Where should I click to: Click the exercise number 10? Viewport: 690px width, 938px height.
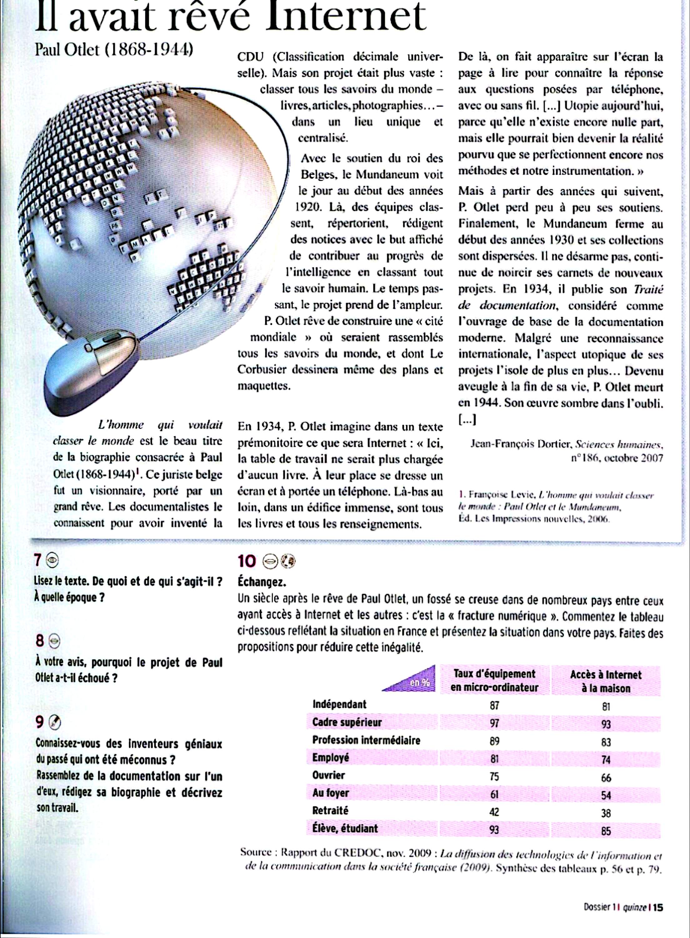pos(246,561)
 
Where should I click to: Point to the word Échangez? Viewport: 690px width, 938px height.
pos(262,582)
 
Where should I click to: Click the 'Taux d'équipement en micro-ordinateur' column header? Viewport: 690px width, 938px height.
pos(494,680)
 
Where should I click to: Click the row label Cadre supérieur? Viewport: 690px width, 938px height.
pos(347,722)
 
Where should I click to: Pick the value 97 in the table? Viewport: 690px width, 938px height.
pos(494,723)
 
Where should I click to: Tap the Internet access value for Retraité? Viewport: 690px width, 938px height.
pos(606,813)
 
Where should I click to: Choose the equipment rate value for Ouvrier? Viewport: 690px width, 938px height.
pos(494,777)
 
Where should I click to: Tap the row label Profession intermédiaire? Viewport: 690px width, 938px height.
pos(366,740)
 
